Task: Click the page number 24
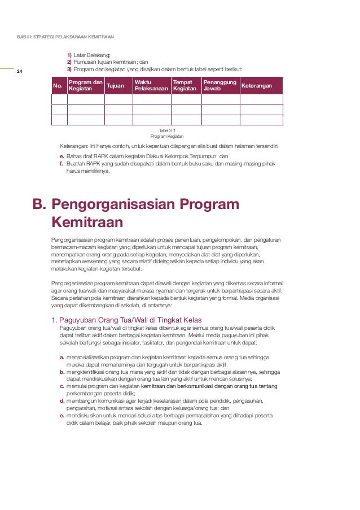pyautogui.click(x=19, y=72)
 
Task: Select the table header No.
pyautogui.click(x=57, y=86)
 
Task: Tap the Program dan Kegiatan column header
pyautogui.click(x=85, y=85)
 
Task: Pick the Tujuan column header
pyautogui.click(x=115, y=85)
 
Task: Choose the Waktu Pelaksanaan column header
pyautogui.click(x=151, y=85)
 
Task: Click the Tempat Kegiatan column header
pyautogui.click(x=185, y=85)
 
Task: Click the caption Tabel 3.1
pyautogui.click(x=167, y=130)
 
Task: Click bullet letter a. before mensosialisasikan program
pyautogui.click(x=62, y=358)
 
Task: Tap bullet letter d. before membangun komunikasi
pyautogui.click(x=62, y=400)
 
